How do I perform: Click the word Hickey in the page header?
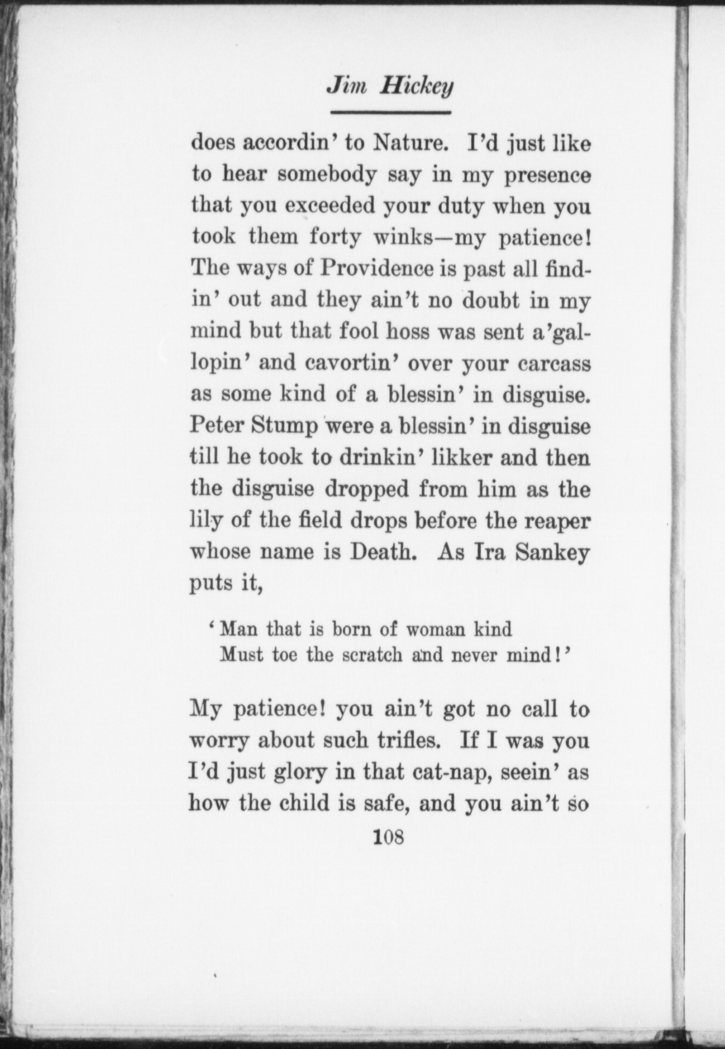(x=417, y=86)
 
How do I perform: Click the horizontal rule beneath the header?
(x=390, y=113)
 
